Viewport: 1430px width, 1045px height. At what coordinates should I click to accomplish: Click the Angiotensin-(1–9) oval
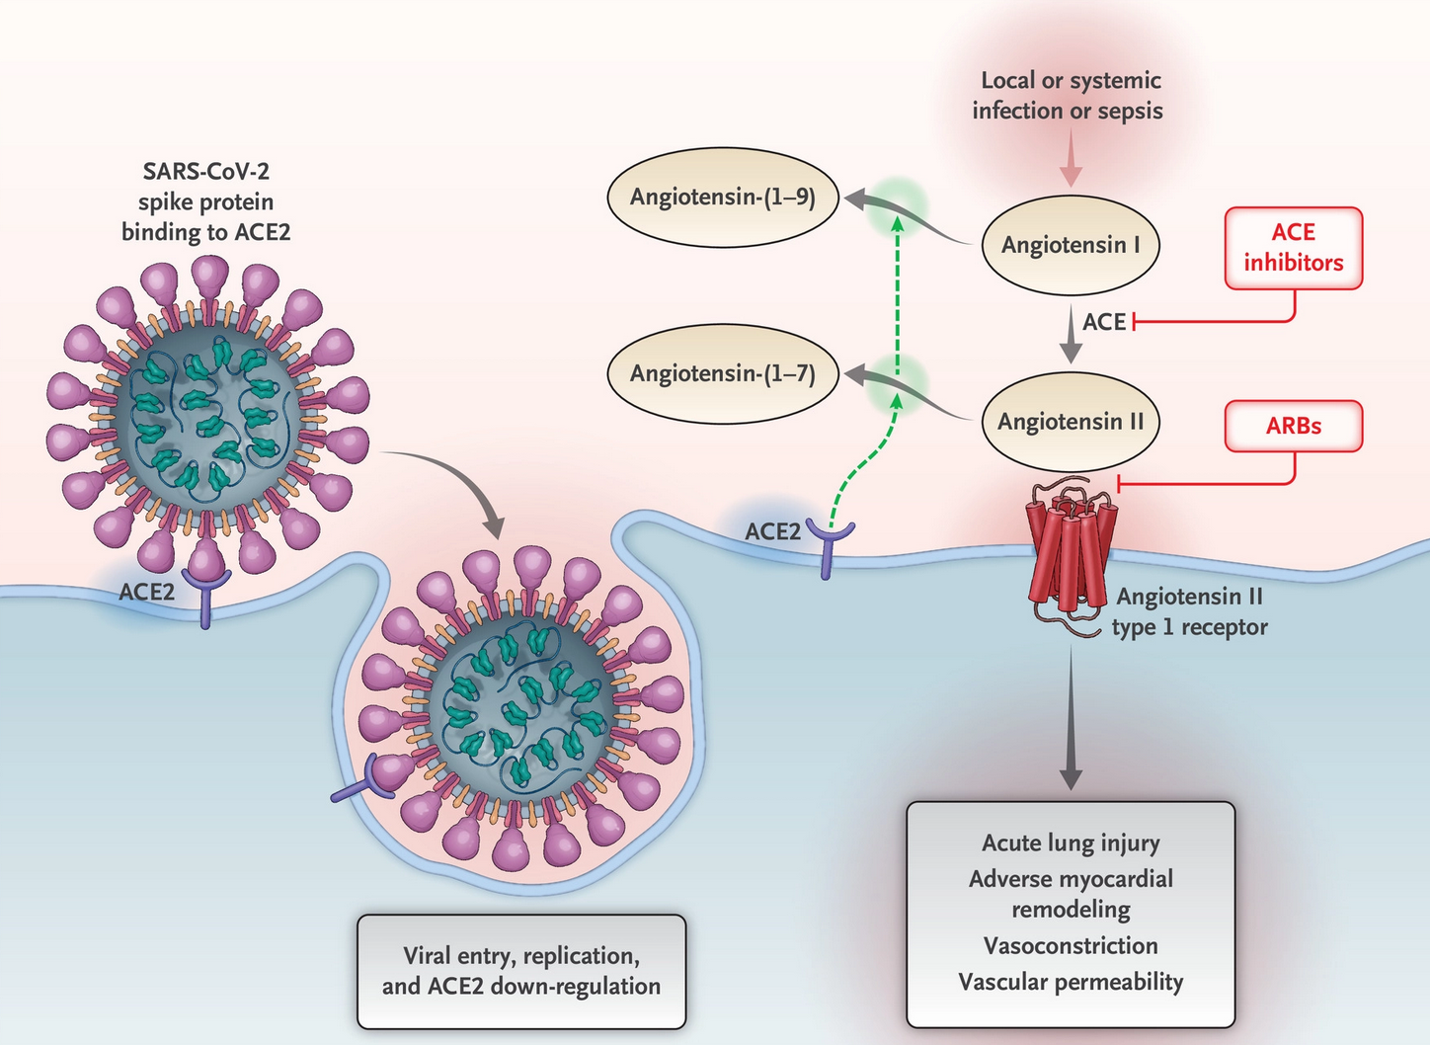(722, 198)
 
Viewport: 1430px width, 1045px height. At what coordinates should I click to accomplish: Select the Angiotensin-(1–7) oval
(722, 373)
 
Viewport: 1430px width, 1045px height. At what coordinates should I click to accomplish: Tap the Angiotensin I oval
(1070, 245)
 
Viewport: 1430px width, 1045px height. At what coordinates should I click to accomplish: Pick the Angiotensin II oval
(1070, 422)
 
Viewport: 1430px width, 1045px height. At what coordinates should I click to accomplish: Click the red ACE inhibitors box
(1293, 248)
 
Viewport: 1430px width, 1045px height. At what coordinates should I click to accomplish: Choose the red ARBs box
(1293, 426)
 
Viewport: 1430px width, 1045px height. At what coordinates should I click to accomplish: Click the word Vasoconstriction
(1071, 945)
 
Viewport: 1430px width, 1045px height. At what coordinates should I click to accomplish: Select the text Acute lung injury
(1071, 843)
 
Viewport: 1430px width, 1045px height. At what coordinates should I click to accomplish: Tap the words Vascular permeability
(1071, 982)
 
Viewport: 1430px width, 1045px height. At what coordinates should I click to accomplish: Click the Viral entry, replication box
(520, 971)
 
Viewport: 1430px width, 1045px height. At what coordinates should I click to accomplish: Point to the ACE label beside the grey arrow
(1103, 322)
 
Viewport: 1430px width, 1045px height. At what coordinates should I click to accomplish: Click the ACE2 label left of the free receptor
(772, 531)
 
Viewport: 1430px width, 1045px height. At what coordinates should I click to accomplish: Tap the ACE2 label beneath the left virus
(146, 592)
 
